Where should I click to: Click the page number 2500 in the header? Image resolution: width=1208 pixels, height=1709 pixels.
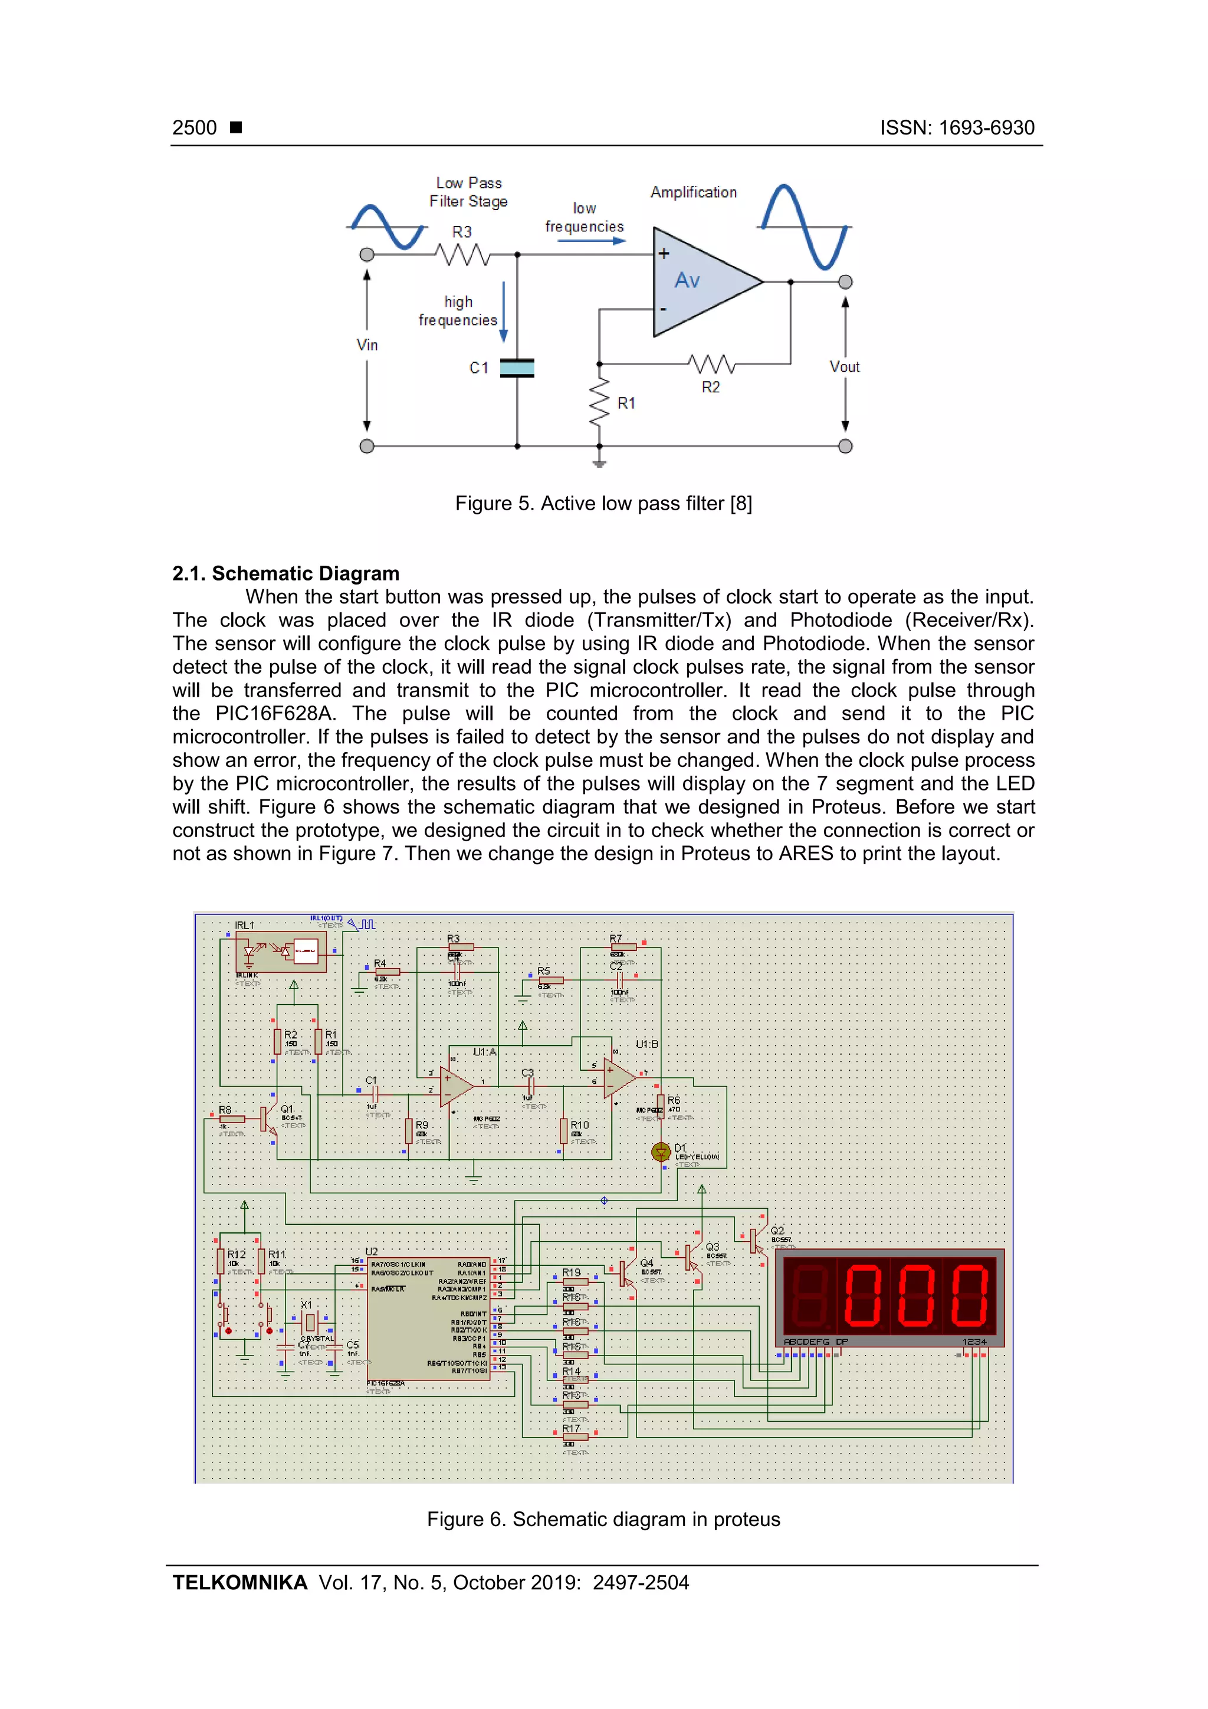[194, 128]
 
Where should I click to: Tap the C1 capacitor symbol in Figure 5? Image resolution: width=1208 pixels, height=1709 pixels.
[517, 368]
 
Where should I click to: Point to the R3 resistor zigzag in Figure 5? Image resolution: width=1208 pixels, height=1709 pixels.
[463, 255]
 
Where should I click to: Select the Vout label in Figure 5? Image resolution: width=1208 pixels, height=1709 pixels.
[844, 367]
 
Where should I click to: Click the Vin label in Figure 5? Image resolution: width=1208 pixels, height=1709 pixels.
[367, 345]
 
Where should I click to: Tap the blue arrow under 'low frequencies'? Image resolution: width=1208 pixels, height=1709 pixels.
[592, 241]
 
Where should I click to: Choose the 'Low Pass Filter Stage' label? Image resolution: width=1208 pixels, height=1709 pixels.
[469, 192]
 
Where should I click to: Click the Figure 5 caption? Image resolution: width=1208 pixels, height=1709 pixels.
[603, 504]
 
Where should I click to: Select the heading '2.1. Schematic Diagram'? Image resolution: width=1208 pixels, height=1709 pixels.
[286, 573]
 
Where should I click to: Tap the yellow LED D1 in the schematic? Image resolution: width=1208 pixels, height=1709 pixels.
[660, 1152]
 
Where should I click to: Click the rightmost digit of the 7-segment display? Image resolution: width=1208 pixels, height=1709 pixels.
[970, 1296]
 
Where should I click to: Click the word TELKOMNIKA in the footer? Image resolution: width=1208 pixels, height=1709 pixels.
[239, 1583]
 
